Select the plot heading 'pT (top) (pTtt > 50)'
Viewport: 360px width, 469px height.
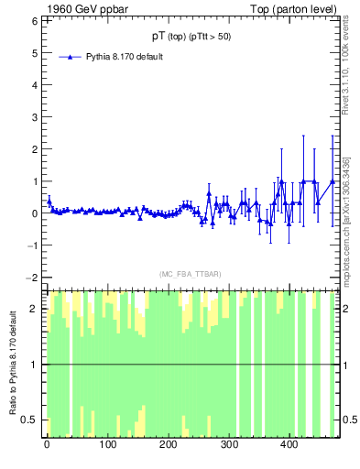coord(192,37)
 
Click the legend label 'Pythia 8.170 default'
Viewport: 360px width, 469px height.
coord(125,57)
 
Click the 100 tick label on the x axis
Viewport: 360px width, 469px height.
coord(107,446)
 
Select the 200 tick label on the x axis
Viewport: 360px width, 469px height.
coord(168,446)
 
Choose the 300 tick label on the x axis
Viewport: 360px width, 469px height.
coord(228,446)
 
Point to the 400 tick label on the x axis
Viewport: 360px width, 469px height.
coord(289,446)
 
